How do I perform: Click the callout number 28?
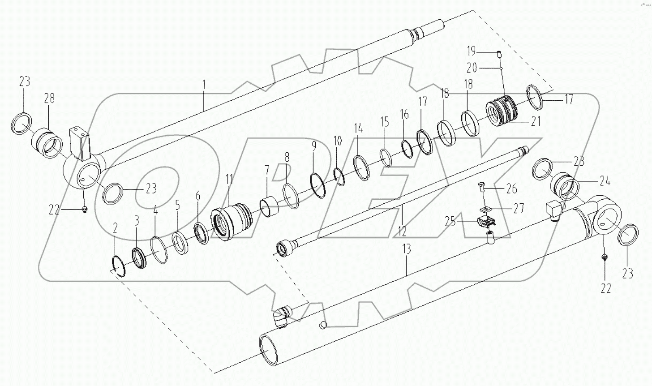pos(49,98)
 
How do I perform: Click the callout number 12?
pos(402,231)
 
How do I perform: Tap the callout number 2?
pos(115,228)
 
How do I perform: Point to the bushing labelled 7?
pos(270,207)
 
